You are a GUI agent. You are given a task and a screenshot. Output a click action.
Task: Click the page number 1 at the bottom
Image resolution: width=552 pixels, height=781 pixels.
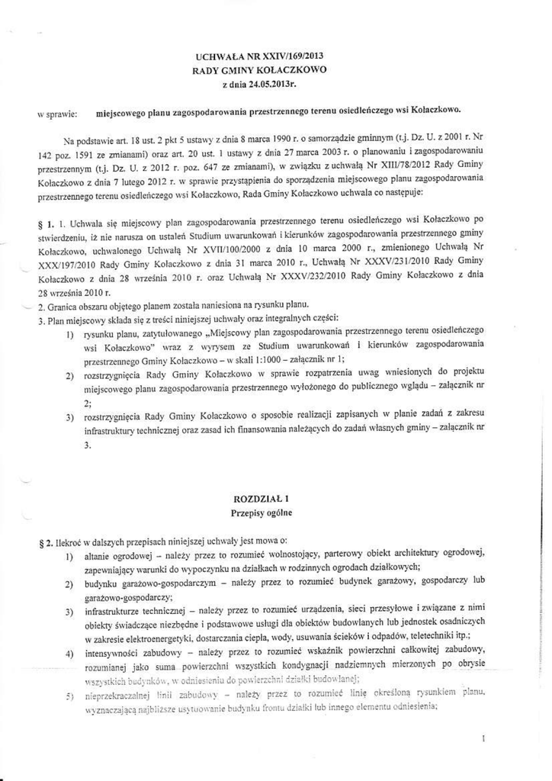click(x=485, y=738)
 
